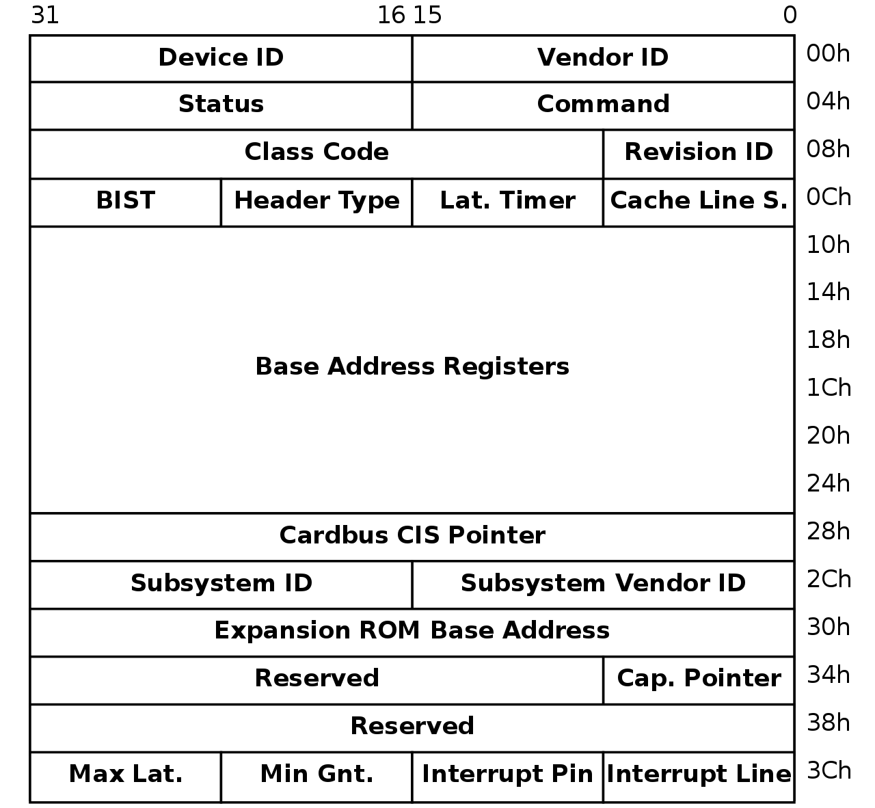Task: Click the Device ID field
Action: click(221, 58)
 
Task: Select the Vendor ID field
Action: click(602, 58)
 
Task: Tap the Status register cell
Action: click(221, 105)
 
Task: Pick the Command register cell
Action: click(602, 105)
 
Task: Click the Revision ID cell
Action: click(698, 152)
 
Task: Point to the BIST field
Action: click(125, 201)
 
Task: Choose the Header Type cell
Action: click(317, 201)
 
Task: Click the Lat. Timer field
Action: click(507, 201)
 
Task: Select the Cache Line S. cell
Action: click(698, 201)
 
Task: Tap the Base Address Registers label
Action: click(412, 367)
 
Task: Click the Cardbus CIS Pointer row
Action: click(412, 536)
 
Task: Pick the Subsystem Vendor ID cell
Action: click(602, 584)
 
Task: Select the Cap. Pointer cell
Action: click(698, 679)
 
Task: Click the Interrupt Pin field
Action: click(507, 775)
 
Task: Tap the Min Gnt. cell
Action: click(317, 775)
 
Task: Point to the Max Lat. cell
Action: click(125, 775)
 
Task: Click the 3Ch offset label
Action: click(829, 771)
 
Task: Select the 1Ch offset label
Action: click(829, 388)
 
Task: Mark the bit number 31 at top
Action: click(45, 15)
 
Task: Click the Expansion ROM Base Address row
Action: click(412, 631)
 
